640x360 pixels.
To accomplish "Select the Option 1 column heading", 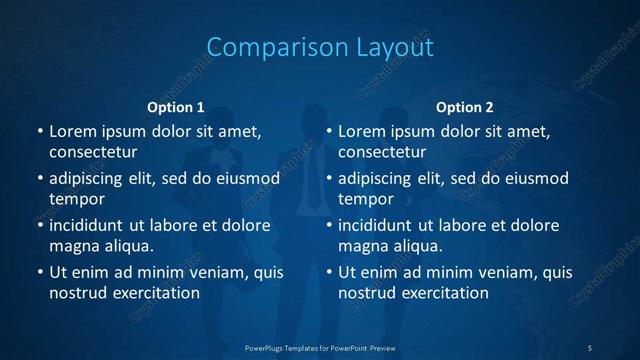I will coord(176,107).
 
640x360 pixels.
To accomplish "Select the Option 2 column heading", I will coord(465,107).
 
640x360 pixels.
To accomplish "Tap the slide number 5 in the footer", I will coord(590,347).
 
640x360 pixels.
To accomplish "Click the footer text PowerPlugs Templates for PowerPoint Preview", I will coord(319,347).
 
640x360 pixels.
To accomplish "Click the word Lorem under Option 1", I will coord(73,131).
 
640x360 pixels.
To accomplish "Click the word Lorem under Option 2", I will coord(362,131).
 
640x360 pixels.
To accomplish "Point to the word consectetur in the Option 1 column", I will coord(93,152).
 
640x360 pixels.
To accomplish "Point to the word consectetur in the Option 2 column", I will coord(382,152).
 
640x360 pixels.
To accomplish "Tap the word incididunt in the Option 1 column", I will coord(92,225).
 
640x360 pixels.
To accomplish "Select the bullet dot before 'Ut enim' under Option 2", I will coord(329,272).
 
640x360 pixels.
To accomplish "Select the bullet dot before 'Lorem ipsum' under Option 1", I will coord(40,131).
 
